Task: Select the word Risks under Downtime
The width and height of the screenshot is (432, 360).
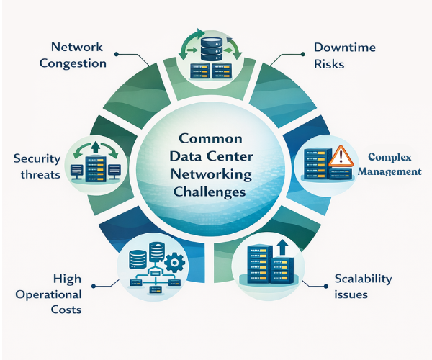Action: pyautogui.click(x=329, y=63)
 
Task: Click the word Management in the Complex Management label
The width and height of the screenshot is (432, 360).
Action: pyautogui.click(x=391, y=171)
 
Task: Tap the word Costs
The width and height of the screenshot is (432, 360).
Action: pyautogui.click(x=67, y=310)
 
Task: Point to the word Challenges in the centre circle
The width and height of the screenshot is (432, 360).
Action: pyautogui.click(x=210, y=192)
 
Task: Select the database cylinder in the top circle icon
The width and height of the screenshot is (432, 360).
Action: pyautogui.click(x=210, y=48)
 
